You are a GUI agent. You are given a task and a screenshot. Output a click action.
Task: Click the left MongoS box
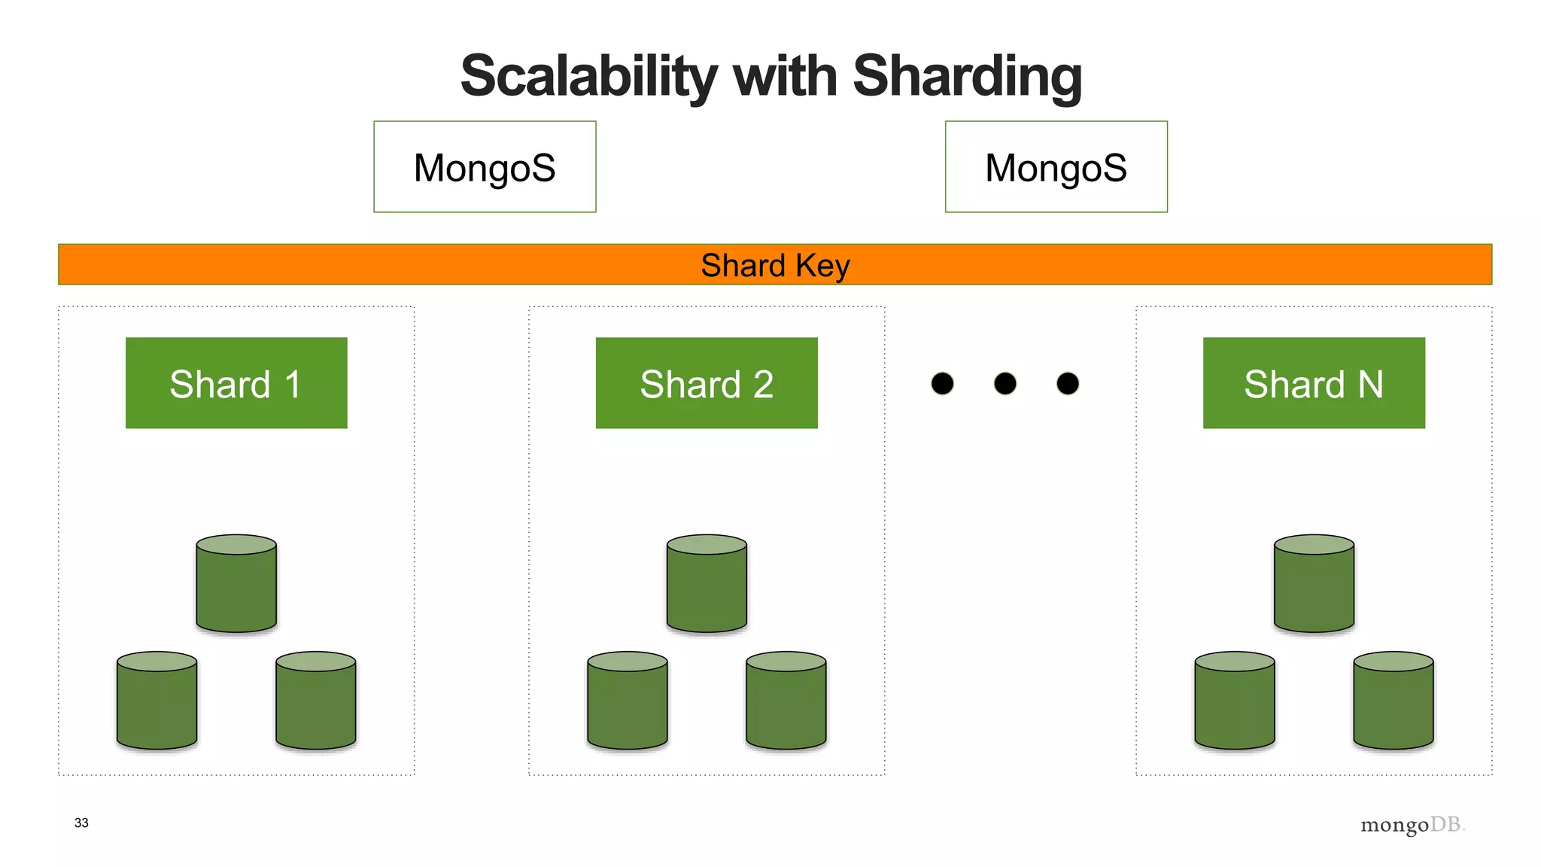click(485, 167)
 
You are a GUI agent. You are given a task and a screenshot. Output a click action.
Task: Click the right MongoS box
click(1056, 167)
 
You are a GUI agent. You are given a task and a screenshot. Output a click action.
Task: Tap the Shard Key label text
click(775, 265)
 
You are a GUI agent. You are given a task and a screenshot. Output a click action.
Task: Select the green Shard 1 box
click(236, 383)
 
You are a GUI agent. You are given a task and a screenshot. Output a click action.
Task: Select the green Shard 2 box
click(707, 383)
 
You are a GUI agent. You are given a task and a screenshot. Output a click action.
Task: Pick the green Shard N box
click(1314, 383)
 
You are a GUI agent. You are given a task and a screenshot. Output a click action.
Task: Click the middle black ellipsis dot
click(1005, 384)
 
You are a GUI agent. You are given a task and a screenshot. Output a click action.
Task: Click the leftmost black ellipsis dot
click(942, 384)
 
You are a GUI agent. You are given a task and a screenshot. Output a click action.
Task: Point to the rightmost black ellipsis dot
click(1068, 384)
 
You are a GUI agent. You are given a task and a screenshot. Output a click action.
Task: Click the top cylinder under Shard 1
click(236, 584)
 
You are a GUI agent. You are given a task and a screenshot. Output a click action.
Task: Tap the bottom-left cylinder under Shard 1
click(157, 701)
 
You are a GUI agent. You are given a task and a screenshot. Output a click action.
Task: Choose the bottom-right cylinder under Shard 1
click(316, 701)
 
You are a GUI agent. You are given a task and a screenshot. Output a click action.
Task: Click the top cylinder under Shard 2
click(707, 584)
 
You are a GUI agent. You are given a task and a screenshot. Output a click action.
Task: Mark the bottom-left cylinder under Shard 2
click(628, 701)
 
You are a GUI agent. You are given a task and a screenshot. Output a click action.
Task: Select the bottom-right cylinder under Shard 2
click(786, 701)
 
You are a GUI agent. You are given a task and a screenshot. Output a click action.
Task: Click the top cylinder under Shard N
click(1314, 584)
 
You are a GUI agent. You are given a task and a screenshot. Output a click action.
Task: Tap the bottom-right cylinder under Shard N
click(1394, 701)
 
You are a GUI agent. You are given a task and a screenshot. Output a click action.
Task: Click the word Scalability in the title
click(588, 77)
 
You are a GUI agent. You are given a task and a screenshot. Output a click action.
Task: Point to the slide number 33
click(81, 823)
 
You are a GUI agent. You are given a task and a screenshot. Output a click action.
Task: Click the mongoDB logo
click(1412, 826)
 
